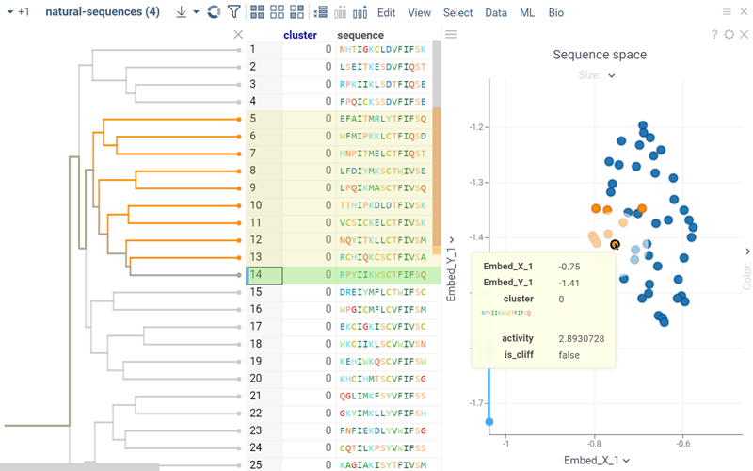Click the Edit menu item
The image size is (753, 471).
[386, 13]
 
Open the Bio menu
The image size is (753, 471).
[556, 13]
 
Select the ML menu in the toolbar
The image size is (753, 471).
[526, 13]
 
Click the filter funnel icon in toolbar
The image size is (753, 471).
[234, 13]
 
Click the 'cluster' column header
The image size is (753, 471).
[300, 35]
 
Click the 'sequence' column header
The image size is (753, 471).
[360, 35]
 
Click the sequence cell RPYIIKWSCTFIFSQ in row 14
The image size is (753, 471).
[382, 275]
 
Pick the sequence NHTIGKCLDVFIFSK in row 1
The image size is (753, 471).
[382, 49]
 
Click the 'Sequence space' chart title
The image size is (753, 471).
[600, 55]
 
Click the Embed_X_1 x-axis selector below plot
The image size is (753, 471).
[595, 460]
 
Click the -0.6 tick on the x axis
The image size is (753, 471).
[682, 443]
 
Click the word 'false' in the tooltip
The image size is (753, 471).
[569, 354]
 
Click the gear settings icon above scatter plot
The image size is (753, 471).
[729, 34]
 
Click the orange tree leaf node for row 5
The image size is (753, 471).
[240, 119]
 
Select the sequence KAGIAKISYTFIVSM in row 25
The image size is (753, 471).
[382, 464]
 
